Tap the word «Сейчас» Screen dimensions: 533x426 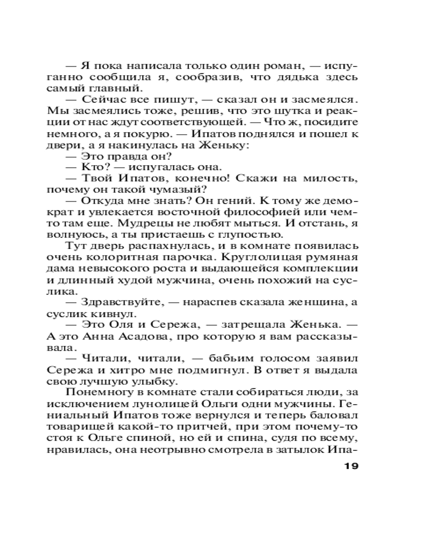[102, 99]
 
